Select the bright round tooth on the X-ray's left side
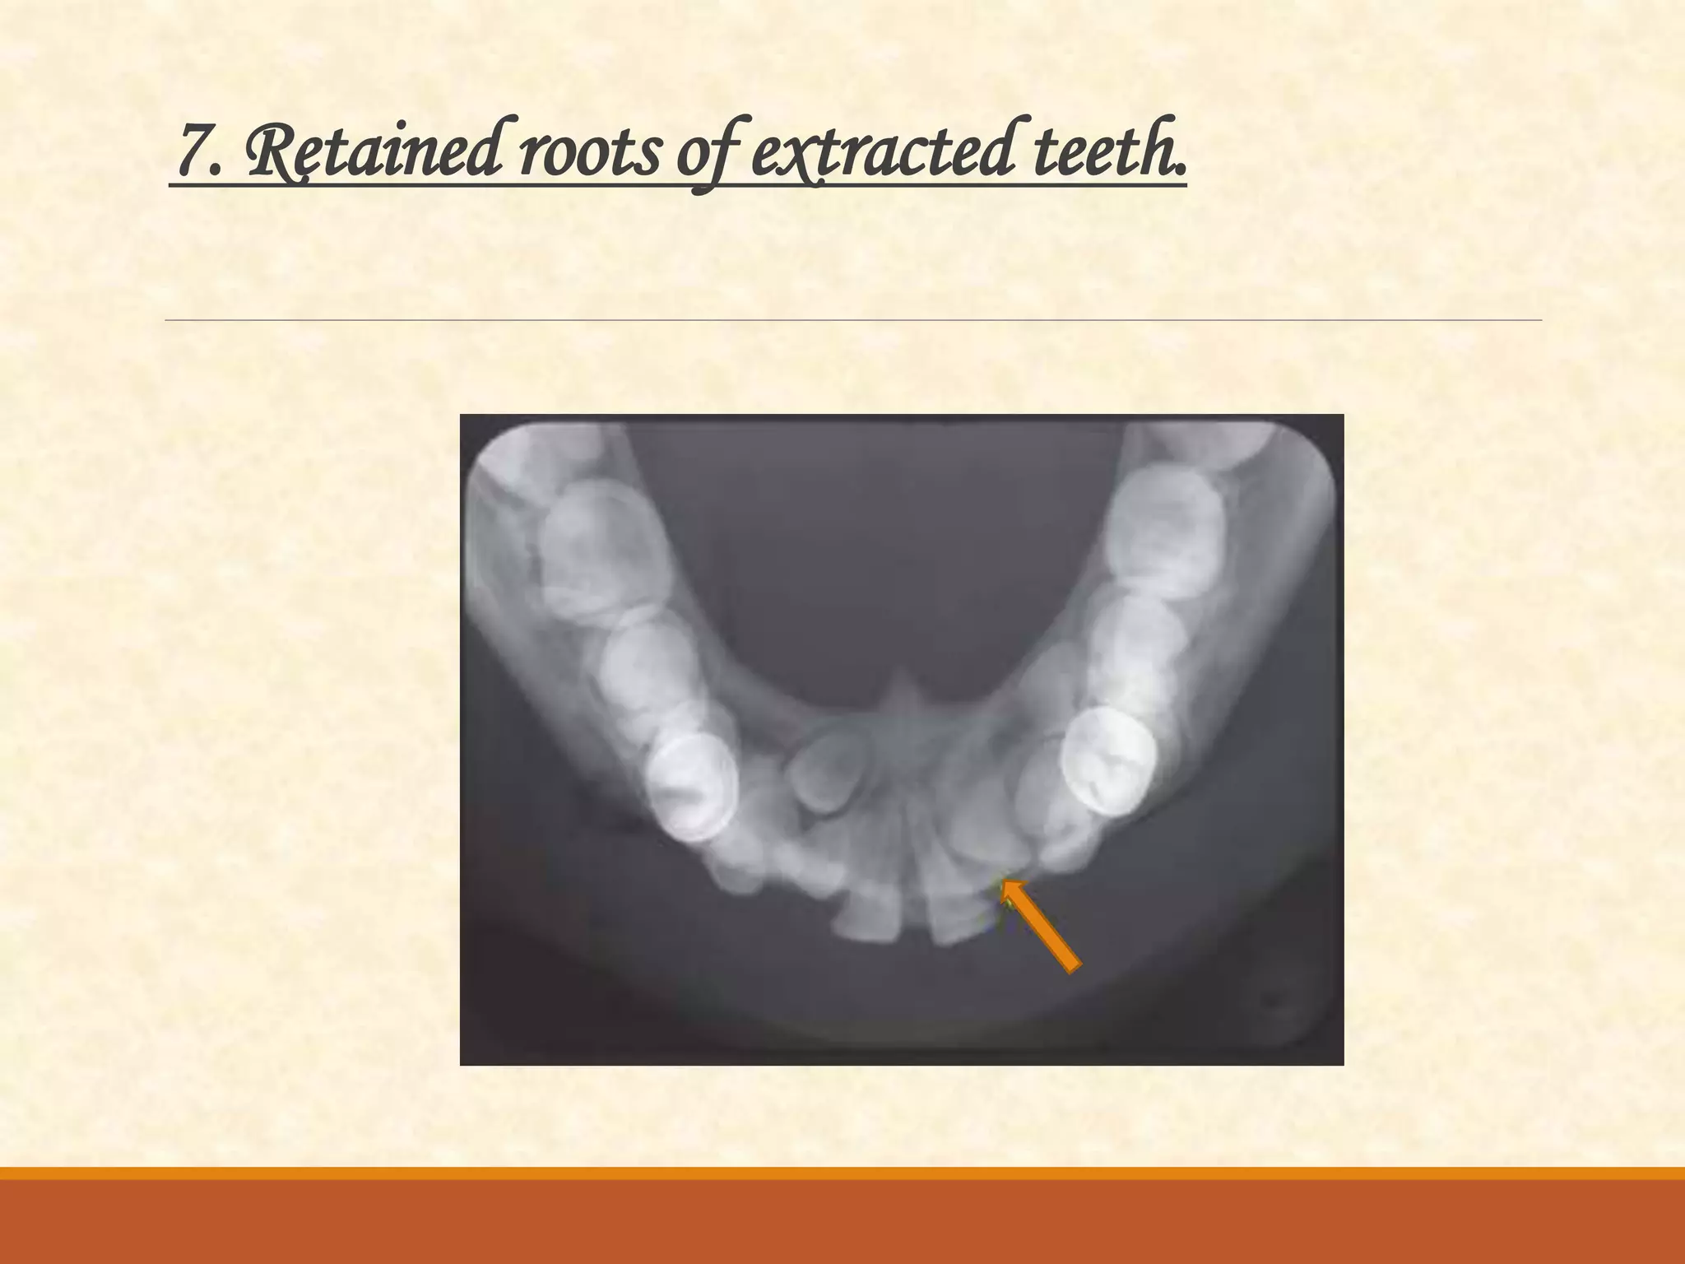coord(691,786)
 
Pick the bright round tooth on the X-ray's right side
coord(1109,759)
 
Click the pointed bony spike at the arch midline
coord(903,687)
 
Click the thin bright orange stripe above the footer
coord(842,1173)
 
